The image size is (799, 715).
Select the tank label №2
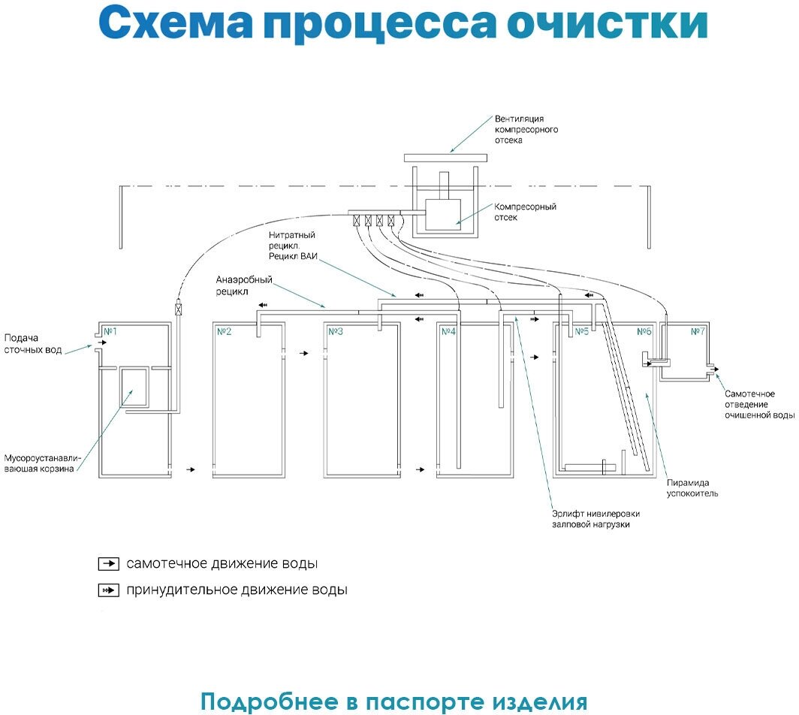tap(224, 331)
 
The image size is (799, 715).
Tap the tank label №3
tap(336, 331)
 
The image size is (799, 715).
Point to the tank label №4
tap(448, 331)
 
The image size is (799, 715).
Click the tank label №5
tap(581, 331)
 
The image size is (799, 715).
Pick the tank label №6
tap(644, 331)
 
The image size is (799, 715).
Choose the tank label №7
tap(698, 331)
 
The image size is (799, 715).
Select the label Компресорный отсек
tap(525, 212)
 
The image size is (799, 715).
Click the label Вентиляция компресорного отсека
tap(526, 129)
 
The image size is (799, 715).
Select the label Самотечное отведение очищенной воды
tap(759, 404)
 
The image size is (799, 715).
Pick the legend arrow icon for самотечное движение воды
tap(109, 563)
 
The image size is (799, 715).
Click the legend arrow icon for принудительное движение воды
tap(109, 590)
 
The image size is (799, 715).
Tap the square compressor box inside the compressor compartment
tap(443, 213)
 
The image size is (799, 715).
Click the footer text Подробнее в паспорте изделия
tap(393, 701)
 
